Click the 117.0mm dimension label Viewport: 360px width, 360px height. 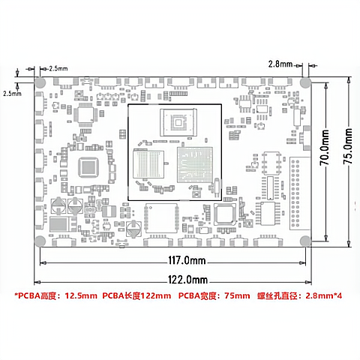pyautogui.click(x=187, y=260)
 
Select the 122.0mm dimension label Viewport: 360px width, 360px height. pyautogui.click(x=187, y=280)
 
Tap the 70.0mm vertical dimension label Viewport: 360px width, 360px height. pyautogui.click(x=325, y=148)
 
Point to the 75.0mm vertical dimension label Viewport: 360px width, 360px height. pyautogui.click(x=348, y=146)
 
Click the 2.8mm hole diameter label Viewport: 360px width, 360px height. pyautogui.click(x=280, y=64)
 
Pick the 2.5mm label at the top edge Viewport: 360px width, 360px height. pyautogui.click(x=58, y=68)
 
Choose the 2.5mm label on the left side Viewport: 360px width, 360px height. pyautogui.click(x=12, y=94)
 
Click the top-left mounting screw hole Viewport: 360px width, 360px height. pyautogui.click(x=40, y=82)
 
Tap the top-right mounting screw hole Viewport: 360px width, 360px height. pyautogui.click(x=305, y=82)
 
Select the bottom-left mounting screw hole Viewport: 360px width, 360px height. pyautogui.click(x=40, y=241)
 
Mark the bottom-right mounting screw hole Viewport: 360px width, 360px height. pyautogui.click(x=305, y=241)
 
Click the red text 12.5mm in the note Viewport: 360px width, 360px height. pyautogui.click(x=81, y=295)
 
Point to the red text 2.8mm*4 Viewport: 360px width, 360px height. pyautogui.click(x=323, y=295)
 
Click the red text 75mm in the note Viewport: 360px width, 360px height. pyautogui.click(x=237, y=295)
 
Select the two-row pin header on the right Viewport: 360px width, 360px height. pyautogui.click(x=295, y=193)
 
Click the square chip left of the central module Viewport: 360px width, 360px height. pyautogui.click(x=88, y=167)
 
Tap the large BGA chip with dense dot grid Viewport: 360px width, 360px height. pyautogui.click(x=195, y=165)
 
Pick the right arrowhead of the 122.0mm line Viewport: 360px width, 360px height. pyautogui.click(x=309, y=282)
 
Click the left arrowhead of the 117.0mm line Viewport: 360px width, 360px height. pyautogui.click(x=43, y=263)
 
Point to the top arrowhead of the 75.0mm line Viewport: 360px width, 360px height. pyautogui.click(x=349, y=80)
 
